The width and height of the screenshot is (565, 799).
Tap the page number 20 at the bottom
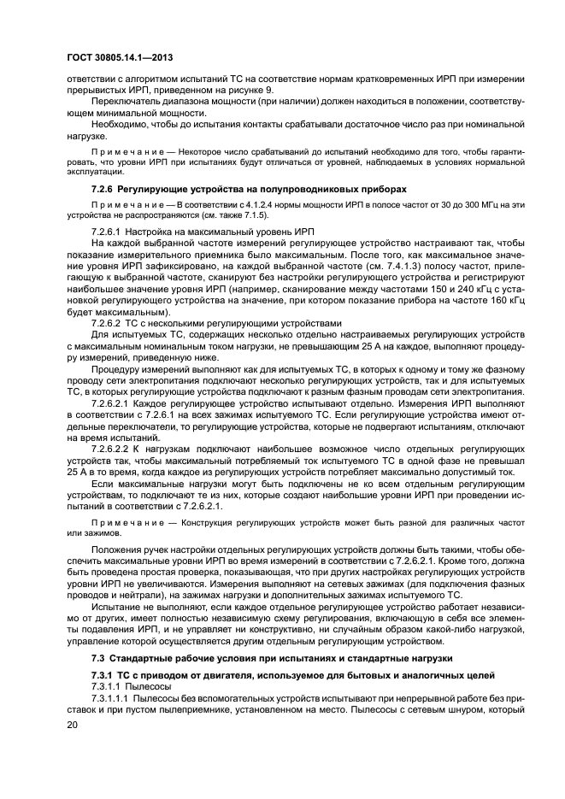[x=73, y=725]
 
